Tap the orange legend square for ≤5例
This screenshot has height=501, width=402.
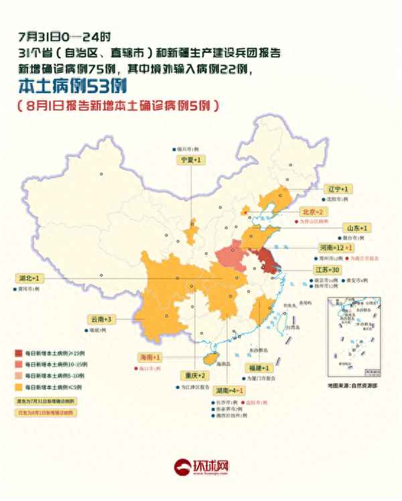[x=20, y=387]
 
